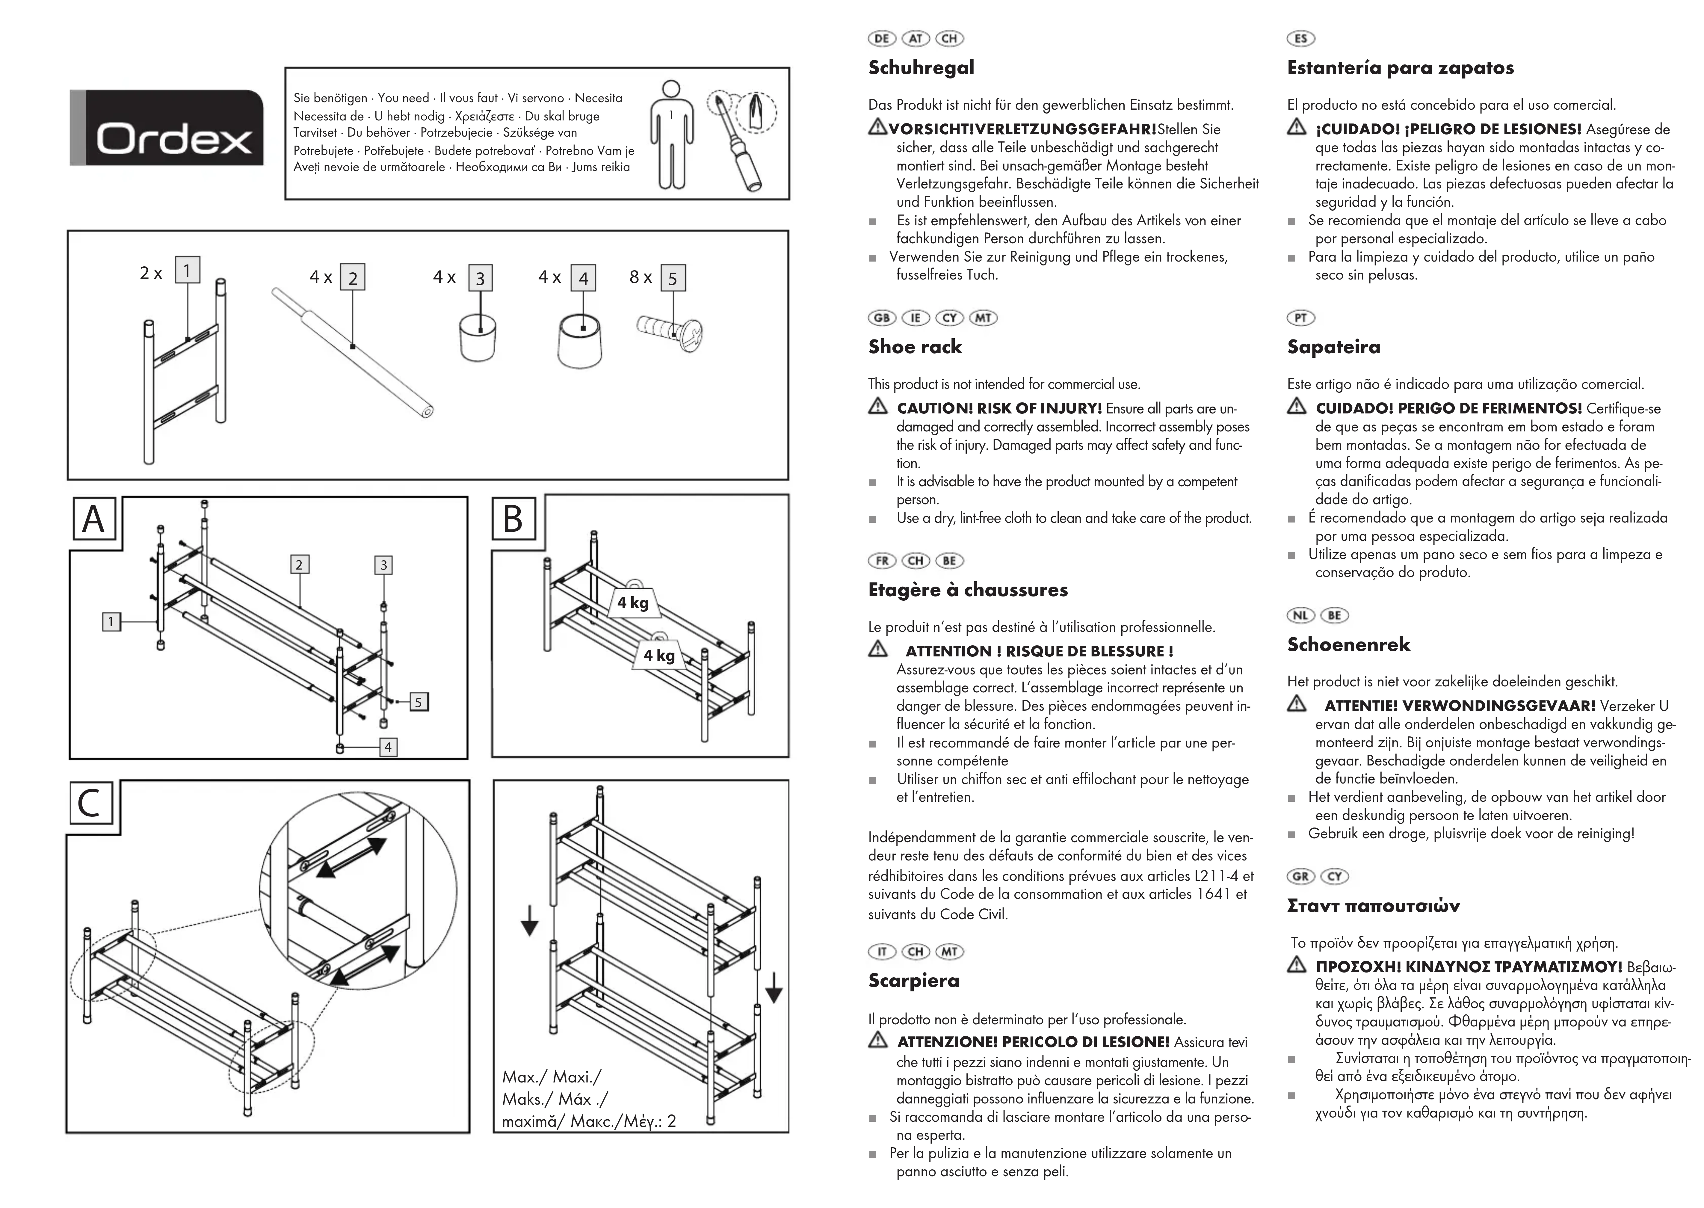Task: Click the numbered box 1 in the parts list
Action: [187, 270]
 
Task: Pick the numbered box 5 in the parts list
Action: [672, 279]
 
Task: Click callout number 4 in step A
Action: [388, 747]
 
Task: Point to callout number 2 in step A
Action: [299, 564]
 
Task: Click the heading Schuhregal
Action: [921, 68]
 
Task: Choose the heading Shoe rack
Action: [915, 347]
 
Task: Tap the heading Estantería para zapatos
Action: [1400, 68]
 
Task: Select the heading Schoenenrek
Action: [1348, 644]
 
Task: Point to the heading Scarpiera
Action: [913, 980]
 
